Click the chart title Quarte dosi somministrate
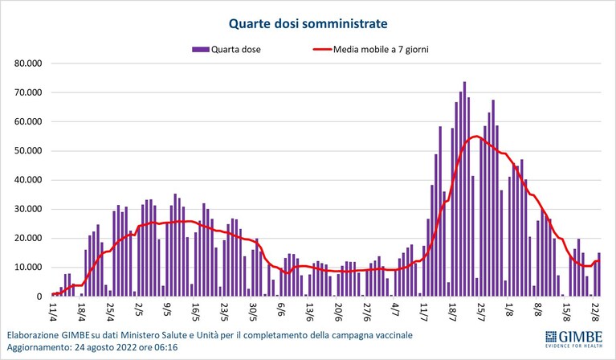pyautogui.click(x=308, y=23)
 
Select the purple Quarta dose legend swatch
pyautogui.click(x=200, y=50)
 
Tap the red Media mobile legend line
pyautogui.click(x=322, y=50)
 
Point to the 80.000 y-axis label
pyautogui.click(x=28, y=63)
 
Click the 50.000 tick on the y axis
pyautogui.click(x=28, y=151)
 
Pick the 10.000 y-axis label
pyautogui.click(x=28, y=268)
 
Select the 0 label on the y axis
pyautogui.click(x=39, y=297)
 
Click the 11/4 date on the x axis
pyautogui.click(x=54, y=312)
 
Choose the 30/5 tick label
pyautogui.click(x=254, y=312)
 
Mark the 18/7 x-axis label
pyautogui.click(x=453, y=312)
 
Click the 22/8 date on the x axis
pyautogui.click(x=596, y=312)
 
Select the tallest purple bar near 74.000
pyautogui.click(x=464, y=189)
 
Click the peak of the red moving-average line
pyautogui.click(x=476, y=137)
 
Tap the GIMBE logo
pyautogui.click(x=574, y=339)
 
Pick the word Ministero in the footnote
pyautogui.click(x=138, y=335)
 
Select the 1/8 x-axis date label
pyautogui.click(x=510, y=310)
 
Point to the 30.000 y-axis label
pyautogui.click(x=28, y=209)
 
